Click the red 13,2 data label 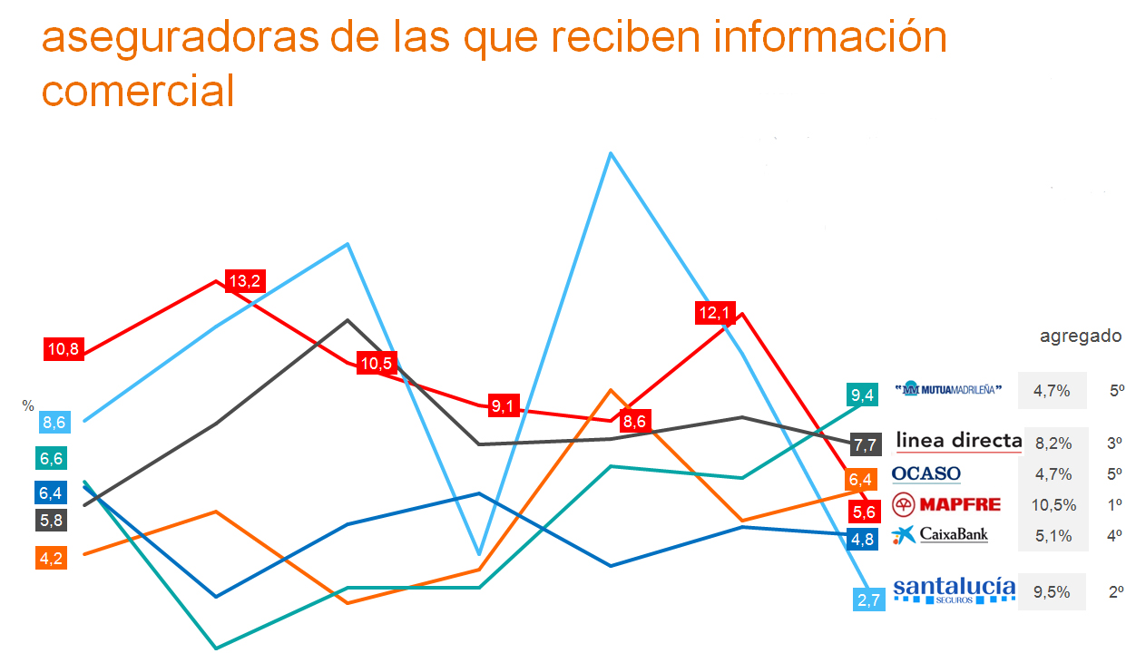coord(245,281)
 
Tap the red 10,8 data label coord(64,348)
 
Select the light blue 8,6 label coord(54,422)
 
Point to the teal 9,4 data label coord(862,395)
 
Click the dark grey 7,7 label coord(866,444)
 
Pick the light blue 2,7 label coord(868,599)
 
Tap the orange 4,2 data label coord(52,558)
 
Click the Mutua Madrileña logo coord(948,390)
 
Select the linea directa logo coord(959,442)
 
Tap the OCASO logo coord(926,473)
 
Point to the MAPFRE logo coord(946,504)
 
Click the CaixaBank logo coord(940,535)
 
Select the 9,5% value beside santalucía coord(1053,592)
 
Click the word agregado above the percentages coord(1080,336)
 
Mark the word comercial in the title coord(138,92)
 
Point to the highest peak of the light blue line coord(612,153)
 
